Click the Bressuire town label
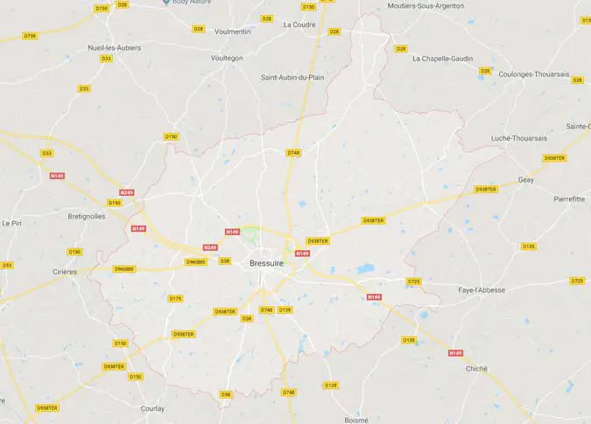point(265,262)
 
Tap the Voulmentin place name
point(232,31)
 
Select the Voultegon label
point(227,58)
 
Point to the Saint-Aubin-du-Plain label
point(292,77)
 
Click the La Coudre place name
point(299,24)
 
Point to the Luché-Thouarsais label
point(518,137)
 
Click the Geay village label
point(525,179)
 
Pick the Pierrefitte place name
point(569,198)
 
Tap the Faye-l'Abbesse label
point(482,289)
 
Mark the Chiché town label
point(477,368)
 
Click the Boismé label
point(356,420)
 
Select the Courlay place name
point(152,407)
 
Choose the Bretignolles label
point(86,215)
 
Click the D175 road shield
point(175,298)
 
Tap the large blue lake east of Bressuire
point(365,269)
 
